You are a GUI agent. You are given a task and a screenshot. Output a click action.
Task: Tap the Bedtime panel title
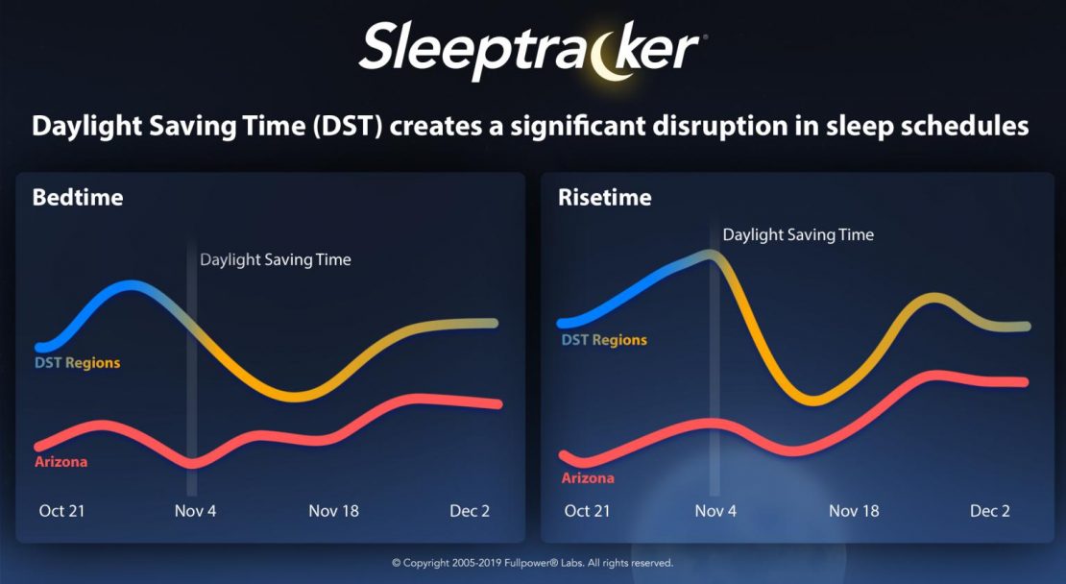[78, 198]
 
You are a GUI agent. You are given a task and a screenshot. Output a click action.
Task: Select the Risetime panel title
[604, 198]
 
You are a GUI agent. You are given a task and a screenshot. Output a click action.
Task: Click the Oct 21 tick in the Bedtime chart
[61, 511]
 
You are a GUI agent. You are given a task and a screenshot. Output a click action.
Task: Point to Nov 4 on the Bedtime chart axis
[195, 511]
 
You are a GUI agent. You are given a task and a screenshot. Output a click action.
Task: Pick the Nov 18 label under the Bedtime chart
[334, 511]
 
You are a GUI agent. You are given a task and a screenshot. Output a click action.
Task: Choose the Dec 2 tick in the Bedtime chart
[470, 511]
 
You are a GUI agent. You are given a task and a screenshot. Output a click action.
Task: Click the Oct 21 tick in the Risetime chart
[588, 511]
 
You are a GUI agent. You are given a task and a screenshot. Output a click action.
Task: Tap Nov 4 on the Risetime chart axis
[715, 511]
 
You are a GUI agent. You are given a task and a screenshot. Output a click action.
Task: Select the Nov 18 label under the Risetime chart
[854, 511]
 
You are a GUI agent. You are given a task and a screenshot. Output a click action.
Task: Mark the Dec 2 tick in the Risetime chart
[990, 511]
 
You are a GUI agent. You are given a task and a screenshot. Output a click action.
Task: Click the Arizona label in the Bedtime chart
[61, 462]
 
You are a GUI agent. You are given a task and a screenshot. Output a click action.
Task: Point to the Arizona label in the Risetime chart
[588, 478]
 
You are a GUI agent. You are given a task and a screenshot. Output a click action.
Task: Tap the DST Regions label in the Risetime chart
[604, 341]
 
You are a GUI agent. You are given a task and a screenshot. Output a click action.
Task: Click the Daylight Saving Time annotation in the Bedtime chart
[276, 259]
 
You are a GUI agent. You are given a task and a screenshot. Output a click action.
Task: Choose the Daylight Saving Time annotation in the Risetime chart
[798, 235]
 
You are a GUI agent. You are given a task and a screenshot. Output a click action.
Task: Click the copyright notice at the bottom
[532, 563]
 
